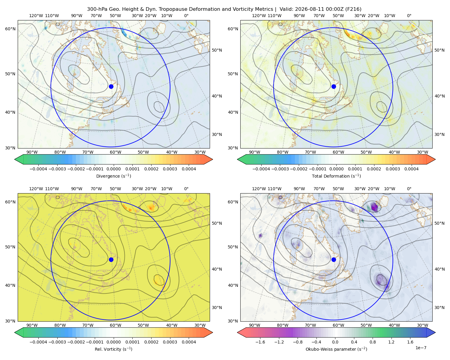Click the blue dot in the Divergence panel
111,86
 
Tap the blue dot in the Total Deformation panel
334,86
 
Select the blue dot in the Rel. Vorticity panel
111,259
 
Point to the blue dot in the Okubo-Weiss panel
334,259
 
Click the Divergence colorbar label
113,176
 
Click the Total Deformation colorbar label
336,176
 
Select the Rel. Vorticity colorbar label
113,349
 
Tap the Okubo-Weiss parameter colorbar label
336,349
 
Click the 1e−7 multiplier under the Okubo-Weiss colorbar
421,348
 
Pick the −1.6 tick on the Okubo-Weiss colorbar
260,342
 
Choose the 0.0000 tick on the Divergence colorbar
113,169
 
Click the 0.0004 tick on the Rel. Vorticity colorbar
189,342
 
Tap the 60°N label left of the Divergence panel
10,29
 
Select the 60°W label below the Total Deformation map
338,152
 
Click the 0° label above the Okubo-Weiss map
409,189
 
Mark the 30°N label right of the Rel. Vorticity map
217,307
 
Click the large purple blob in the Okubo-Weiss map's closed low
382,280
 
